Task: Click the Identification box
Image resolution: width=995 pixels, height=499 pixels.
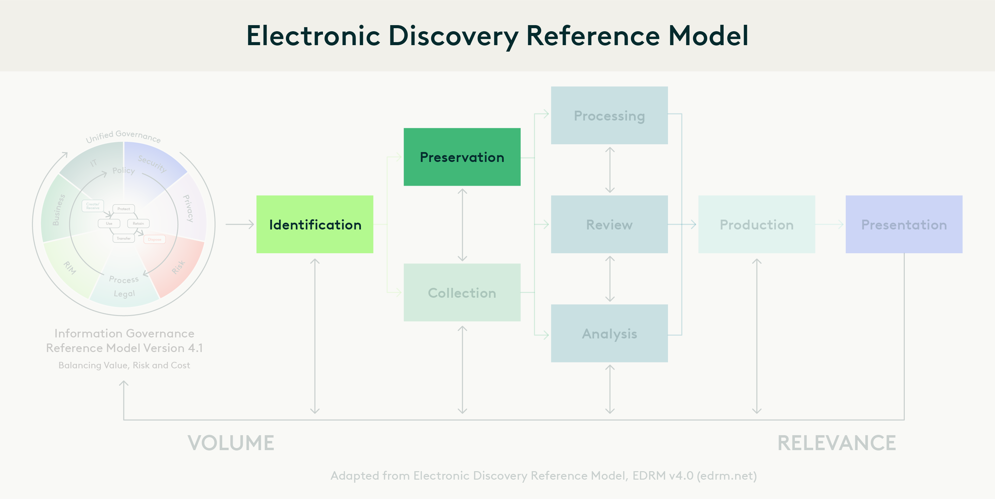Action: [x=315, y=225]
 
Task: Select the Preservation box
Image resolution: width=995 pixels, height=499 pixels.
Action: [x=462, y=157]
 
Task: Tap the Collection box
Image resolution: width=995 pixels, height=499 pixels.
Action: [x=462, y=293]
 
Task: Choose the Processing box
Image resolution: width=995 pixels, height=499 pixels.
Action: [x=609, y=115]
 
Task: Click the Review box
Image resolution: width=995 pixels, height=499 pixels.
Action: [x=609, y=225]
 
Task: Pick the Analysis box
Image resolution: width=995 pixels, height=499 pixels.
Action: [x=609, y=334]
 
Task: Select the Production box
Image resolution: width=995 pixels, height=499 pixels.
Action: [x=756, y=225]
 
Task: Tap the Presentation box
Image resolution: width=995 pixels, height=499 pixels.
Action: [x=904, y=225]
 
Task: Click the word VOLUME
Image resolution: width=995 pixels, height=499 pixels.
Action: [x=231, y=443]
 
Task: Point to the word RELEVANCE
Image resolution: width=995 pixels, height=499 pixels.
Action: [x=836, y=443]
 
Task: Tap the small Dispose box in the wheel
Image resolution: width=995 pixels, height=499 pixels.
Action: [x=154, y=240]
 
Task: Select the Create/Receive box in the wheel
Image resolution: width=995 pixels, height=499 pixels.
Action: [x=93, y=206]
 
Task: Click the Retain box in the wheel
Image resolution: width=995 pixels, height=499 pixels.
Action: [x=138, y=223]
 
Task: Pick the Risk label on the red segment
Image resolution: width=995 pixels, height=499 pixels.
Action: [x=178, y=267]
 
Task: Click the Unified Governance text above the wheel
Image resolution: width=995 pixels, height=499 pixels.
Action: [x=123, y=136]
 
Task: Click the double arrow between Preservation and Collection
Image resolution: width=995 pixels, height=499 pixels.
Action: [x=462, y=225]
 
